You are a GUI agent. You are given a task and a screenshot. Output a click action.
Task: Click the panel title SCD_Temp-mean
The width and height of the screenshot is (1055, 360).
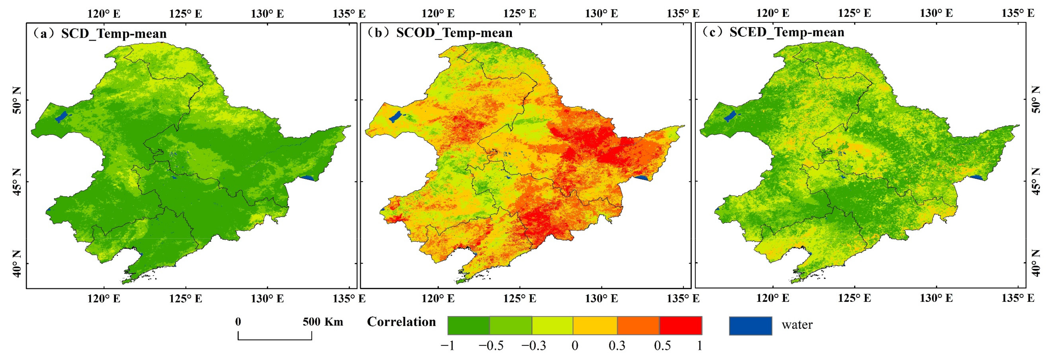[x=114, y=34]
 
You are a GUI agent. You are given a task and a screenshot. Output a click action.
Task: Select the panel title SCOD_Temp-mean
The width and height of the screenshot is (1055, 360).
[x=454, y=33]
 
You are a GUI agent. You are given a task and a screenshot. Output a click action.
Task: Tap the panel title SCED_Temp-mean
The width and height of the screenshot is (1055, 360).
[x=787, y=32]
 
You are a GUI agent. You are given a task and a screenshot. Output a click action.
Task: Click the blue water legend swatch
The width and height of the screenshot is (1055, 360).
[x=750, y=326]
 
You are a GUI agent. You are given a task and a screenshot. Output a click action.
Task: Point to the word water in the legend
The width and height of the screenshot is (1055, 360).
[x=797, y=325]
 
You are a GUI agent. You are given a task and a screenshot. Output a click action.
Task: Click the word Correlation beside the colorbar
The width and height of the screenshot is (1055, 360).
[x=401, y=322]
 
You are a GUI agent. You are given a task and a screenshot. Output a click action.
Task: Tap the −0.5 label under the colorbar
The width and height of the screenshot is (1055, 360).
[x=491, y=346]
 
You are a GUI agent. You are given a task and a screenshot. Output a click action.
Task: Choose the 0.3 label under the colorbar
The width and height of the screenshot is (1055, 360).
[x=617, y=346]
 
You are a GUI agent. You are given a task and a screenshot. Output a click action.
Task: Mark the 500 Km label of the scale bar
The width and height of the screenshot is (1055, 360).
[x=323, y=322]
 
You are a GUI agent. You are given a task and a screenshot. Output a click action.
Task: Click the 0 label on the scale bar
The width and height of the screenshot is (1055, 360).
[x=238, y=322]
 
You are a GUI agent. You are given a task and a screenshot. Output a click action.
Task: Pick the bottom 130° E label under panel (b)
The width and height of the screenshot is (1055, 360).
[x=601, y=299]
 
